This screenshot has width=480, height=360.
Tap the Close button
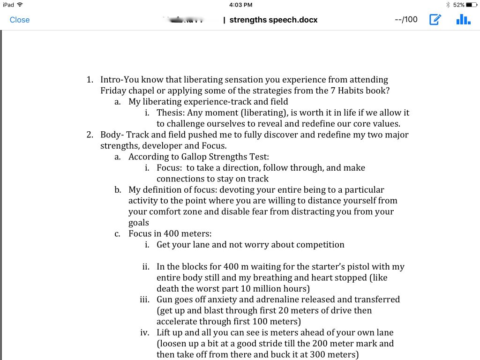[x=20, y=20]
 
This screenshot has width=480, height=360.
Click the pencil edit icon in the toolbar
[x=435, y=20]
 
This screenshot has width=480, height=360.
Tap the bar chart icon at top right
[x=463, y=19]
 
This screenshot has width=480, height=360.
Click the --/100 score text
[x=406, y=20]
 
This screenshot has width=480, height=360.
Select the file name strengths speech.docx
[x=273, y=20]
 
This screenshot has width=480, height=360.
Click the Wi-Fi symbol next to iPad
[x=20, y=5]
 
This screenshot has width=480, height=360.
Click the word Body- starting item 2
[x=112, y=135]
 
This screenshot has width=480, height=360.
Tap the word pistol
[x=363, y=267]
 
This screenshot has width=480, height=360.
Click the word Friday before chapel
[x=112, y=90]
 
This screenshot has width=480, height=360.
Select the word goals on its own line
[x=139, y=223]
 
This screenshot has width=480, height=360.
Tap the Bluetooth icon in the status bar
[x=448, y=5]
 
